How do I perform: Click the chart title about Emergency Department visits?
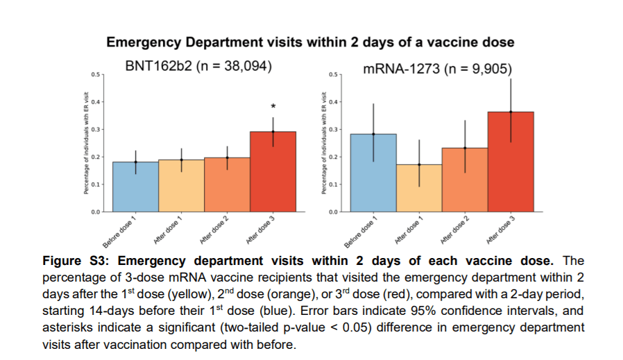tap(310, 42)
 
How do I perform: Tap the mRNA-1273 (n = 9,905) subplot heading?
tap(438, 68)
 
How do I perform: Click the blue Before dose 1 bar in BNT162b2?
tap(136, 186)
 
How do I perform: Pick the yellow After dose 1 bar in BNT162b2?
tap(181, 185)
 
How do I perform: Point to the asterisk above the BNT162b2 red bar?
tap(273, 106)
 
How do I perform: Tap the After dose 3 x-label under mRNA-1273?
tap(501, 229)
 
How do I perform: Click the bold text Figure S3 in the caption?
tap(74, 261)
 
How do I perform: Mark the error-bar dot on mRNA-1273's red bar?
tap(511, 112)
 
